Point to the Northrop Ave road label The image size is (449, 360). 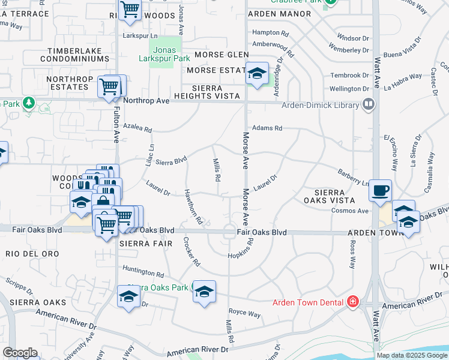146,101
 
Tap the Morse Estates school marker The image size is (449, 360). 257,74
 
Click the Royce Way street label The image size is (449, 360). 245,314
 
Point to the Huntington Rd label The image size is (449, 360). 143,271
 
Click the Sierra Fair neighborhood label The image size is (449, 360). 142,244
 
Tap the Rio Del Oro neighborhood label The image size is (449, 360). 32,254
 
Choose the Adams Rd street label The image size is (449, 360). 267,128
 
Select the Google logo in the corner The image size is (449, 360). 20,353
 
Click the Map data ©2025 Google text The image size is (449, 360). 411,355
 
